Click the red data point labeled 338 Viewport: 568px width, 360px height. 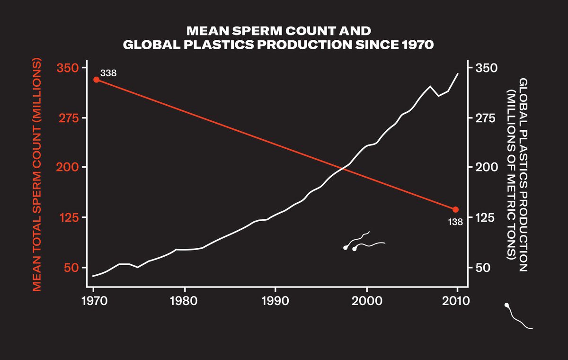pyautogui.click(x=96, y=80)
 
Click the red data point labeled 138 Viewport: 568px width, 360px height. pyautogui.click(x=456, y=209)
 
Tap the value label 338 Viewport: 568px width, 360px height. pyautogui.click(x=108, y=73)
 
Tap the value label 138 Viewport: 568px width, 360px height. pyautogui.click(x=455, y=221)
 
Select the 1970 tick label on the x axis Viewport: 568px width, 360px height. pyautogui.click(x=94, y=301)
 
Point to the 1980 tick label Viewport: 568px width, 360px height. pyautogui.click(x=185, y=301)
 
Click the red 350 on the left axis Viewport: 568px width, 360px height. pyautogui.click(x=67, y=68)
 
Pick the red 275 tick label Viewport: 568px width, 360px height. pyautogui.click(x=67, y=118)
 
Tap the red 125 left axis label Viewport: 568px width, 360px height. pyautogui.click(x=67, y=217)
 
